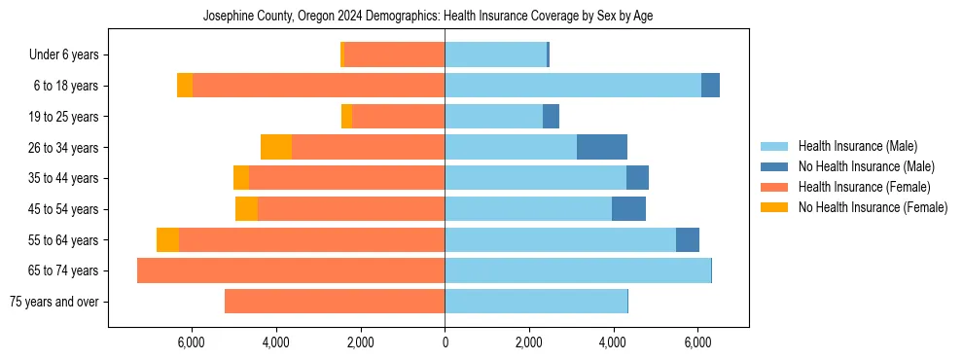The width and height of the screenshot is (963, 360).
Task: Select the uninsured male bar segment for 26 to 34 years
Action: (x=602, y=147)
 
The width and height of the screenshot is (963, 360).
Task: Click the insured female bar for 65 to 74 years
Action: (x=291, y=270)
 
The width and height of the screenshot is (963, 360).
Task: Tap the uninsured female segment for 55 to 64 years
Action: (x=167, y=239)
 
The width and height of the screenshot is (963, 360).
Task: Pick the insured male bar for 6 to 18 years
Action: (x=573, y=86)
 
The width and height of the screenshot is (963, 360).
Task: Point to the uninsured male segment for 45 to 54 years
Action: (x=628, y=209)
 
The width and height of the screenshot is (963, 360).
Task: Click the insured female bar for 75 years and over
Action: (x=335, y=302)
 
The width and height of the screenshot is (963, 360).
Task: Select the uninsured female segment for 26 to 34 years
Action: (x=276, y=147)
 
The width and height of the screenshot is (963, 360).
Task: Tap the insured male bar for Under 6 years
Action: (x=495, y=54)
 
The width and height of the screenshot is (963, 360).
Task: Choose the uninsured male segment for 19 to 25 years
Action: (x=551, y=117)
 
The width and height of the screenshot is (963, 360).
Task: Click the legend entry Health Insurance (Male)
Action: (x=857, y=146)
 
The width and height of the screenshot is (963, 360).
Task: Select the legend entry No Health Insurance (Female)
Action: (x=872, y=207)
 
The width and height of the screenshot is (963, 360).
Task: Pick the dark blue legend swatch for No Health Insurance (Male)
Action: (x=774, y=166)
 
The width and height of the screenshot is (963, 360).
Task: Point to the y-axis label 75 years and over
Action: (x=53, y=302)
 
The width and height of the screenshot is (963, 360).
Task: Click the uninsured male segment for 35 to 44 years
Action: (x=637, y=178)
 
